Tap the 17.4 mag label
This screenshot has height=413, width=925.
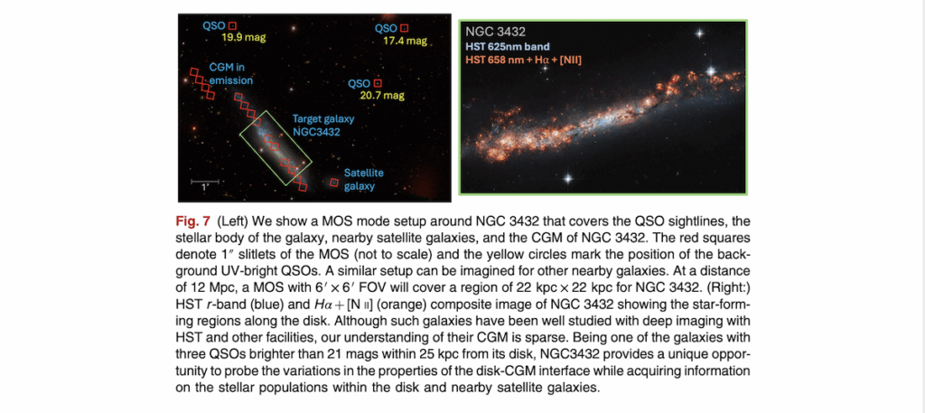[405, 42]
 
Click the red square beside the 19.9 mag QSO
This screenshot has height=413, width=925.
[232, 27]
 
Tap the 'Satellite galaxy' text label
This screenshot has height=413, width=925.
[365, 179]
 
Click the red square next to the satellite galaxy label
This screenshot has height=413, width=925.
[334, 183]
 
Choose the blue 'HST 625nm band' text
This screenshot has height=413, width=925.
[508, 47]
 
